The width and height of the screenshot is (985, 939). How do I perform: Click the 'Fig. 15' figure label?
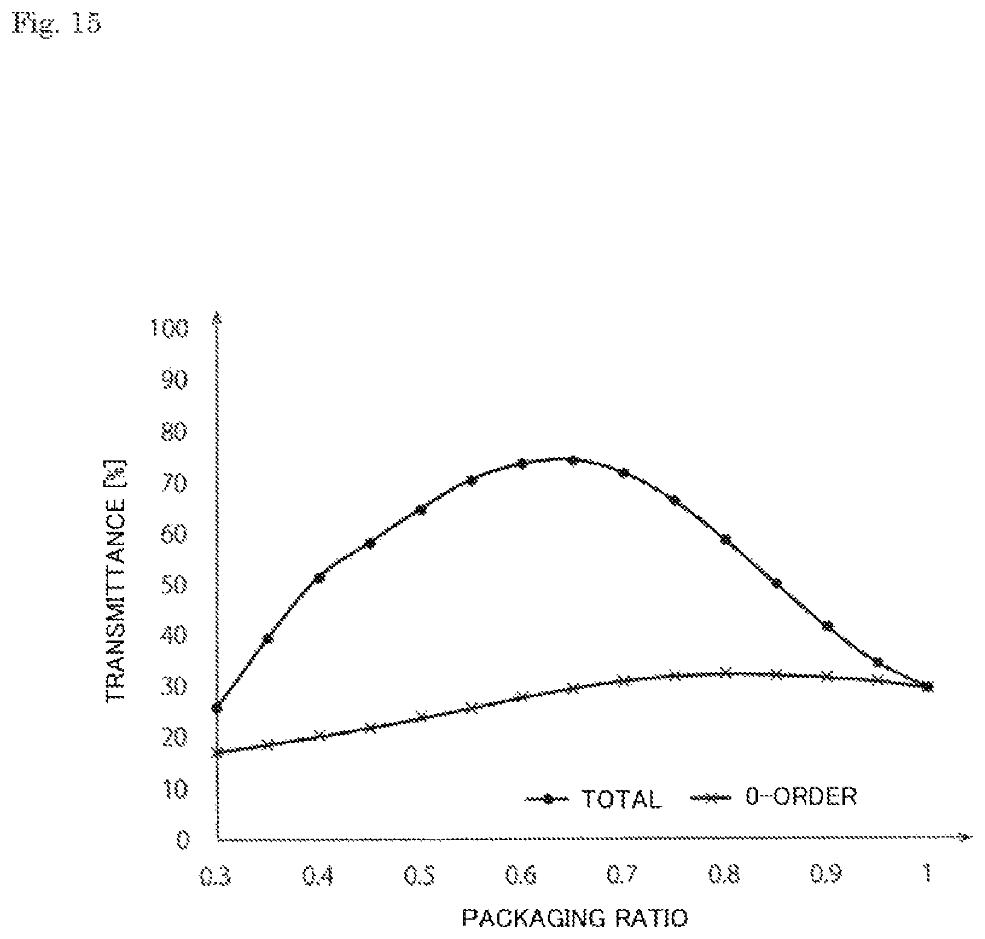coord(57,24)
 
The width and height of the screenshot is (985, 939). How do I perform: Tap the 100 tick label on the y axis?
coord(170,329)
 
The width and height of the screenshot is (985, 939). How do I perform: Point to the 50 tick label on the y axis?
coord(176,585)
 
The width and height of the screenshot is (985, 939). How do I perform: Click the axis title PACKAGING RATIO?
coord(574,919)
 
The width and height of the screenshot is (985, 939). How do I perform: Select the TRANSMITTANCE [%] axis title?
coord(116,580)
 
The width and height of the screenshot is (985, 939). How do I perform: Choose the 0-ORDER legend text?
coord(801,796)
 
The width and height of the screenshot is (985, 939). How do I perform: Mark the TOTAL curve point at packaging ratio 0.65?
coord(573,460)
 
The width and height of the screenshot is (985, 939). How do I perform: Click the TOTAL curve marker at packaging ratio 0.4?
coord(319,578)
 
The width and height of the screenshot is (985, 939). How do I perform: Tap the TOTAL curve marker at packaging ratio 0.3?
coord(217,708)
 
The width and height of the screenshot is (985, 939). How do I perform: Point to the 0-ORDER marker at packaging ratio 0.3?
coord(217,752)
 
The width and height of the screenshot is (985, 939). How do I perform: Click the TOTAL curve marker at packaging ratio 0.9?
coord(827,626)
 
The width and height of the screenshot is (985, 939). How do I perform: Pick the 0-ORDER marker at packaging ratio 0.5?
coord(422,717)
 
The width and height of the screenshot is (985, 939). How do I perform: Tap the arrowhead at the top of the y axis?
coord(217,317)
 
